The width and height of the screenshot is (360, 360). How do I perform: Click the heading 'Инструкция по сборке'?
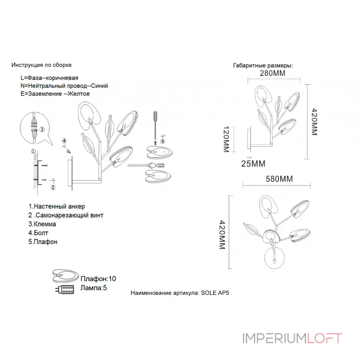[41, 65]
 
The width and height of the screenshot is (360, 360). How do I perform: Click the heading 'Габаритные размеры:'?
[263, 65]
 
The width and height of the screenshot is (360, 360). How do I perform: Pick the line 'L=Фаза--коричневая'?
[49, 77]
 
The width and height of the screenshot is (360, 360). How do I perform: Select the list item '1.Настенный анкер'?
[56, 207]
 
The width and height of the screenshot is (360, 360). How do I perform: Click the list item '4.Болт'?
[38, 233]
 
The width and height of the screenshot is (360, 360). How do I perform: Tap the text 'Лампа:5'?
[94, 288]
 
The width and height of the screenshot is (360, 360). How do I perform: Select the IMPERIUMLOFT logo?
[292, 338]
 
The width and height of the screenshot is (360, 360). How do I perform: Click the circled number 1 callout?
[33, 151]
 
